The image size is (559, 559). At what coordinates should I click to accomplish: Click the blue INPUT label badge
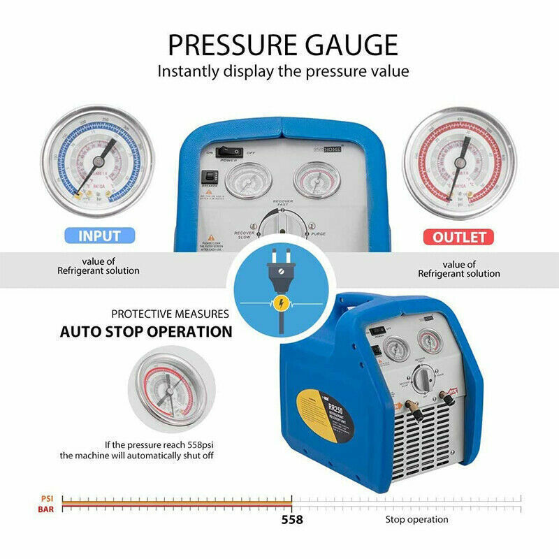pos(99,236)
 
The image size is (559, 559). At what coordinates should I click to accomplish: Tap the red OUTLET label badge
pos(459,237)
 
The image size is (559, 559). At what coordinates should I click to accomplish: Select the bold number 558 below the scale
pos(292,520)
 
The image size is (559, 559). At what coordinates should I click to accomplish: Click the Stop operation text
pos(416,519)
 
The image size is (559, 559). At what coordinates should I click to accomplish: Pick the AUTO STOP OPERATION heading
pos(146,332)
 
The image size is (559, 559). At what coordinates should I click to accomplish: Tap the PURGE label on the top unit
pos(318,234)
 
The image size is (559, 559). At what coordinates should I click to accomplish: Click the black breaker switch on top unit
pos(208,177)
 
